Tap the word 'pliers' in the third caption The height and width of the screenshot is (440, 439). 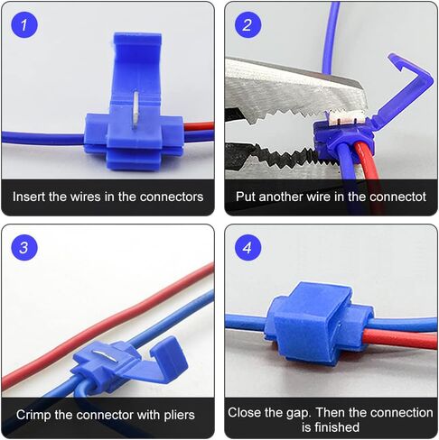[175, 415]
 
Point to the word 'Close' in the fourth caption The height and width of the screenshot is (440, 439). [245, 412]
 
